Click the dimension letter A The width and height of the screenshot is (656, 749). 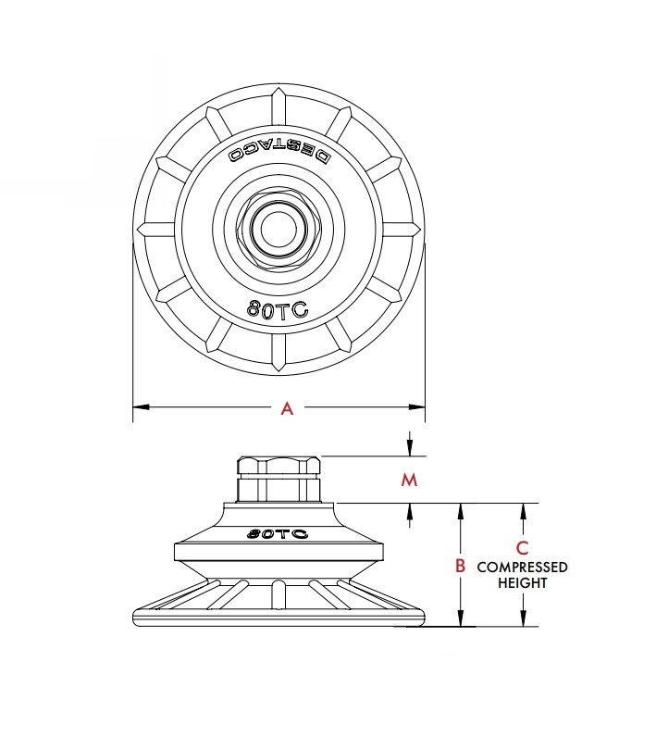tap(287, 408)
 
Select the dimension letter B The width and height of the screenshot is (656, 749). tap(460, 566)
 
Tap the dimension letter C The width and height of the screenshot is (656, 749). tap(523, 547)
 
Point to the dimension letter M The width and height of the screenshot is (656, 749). tap(409, 480)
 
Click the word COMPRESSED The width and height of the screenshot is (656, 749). tap(522, 567)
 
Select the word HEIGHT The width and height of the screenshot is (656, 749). tap(523, 583)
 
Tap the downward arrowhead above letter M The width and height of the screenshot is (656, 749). tap(409, 449)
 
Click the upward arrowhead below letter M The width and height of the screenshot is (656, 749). tap(409, 510)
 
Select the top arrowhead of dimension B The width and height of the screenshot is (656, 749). tap(460, 510)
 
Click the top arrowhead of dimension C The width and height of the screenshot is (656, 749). tap(524, 510)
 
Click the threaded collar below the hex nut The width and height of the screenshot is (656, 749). tap(279, 488)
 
